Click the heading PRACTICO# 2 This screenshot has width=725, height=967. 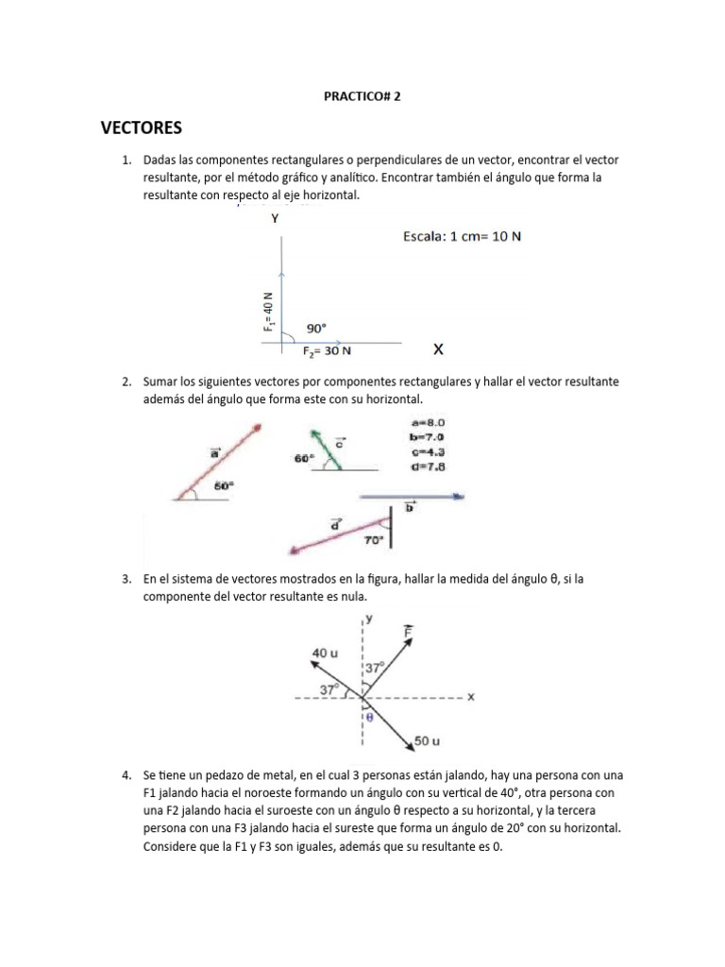(362, 95)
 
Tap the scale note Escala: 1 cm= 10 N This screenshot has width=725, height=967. (463, 237)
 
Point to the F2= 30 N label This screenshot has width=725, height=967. (328, 351)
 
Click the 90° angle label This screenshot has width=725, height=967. (316, 329)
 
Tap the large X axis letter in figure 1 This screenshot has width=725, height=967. (438, 349)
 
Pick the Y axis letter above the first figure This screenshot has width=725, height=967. (275, 218)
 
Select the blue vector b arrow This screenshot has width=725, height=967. (411, 495)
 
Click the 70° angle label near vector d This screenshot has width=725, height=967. (373, 540)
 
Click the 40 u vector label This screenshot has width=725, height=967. (326, 652)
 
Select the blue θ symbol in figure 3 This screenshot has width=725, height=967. (369, 717)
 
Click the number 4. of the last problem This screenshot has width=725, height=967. (126, 775)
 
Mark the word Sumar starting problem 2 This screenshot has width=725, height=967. (161, 382)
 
